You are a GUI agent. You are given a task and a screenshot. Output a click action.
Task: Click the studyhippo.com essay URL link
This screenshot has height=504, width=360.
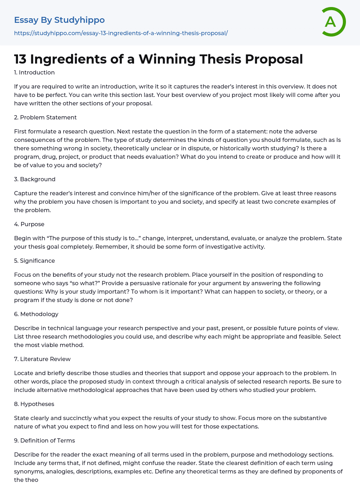121,33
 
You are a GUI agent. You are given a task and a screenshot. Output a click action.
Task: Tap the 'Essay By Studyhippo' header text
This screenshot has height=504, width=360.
59,20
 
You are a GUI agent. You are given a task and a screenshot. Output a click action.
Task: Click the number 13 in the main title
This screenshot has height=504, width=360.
20,59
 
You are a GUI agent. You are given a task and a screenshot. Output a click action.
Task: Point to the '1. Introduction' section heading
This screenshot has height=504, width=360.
34,72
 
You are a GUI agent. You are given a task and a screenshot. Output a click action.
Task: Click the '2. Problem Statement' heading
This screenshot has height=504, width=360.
45,117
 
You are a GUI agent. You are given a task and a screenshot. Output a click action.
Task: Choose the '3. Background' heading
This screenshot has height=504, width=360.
35,179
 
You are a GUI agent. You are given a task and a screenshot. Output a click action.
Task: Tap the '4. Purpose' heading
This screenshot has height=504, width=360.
29,224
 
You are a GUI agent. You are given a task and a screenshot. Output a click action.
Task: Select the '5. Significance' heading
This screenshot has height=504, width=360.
34,261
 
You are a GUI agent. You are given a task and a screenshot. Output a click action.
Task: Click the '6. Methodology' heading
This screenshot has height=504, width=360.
36,314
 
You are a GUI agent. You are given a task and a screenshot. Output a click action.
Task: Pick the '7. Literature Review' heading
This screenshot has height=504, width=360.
42,359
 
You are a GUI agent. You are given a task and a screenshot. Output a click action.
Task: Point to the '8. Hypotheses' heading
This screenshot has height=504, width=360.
34,404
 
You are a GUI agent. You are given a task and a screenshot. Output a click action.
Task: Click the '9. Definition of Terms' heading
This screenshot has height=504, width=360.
44,440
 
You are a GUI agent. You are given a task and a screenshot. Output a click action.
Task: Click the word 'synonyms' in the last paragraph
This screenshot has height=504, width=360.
27,471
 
